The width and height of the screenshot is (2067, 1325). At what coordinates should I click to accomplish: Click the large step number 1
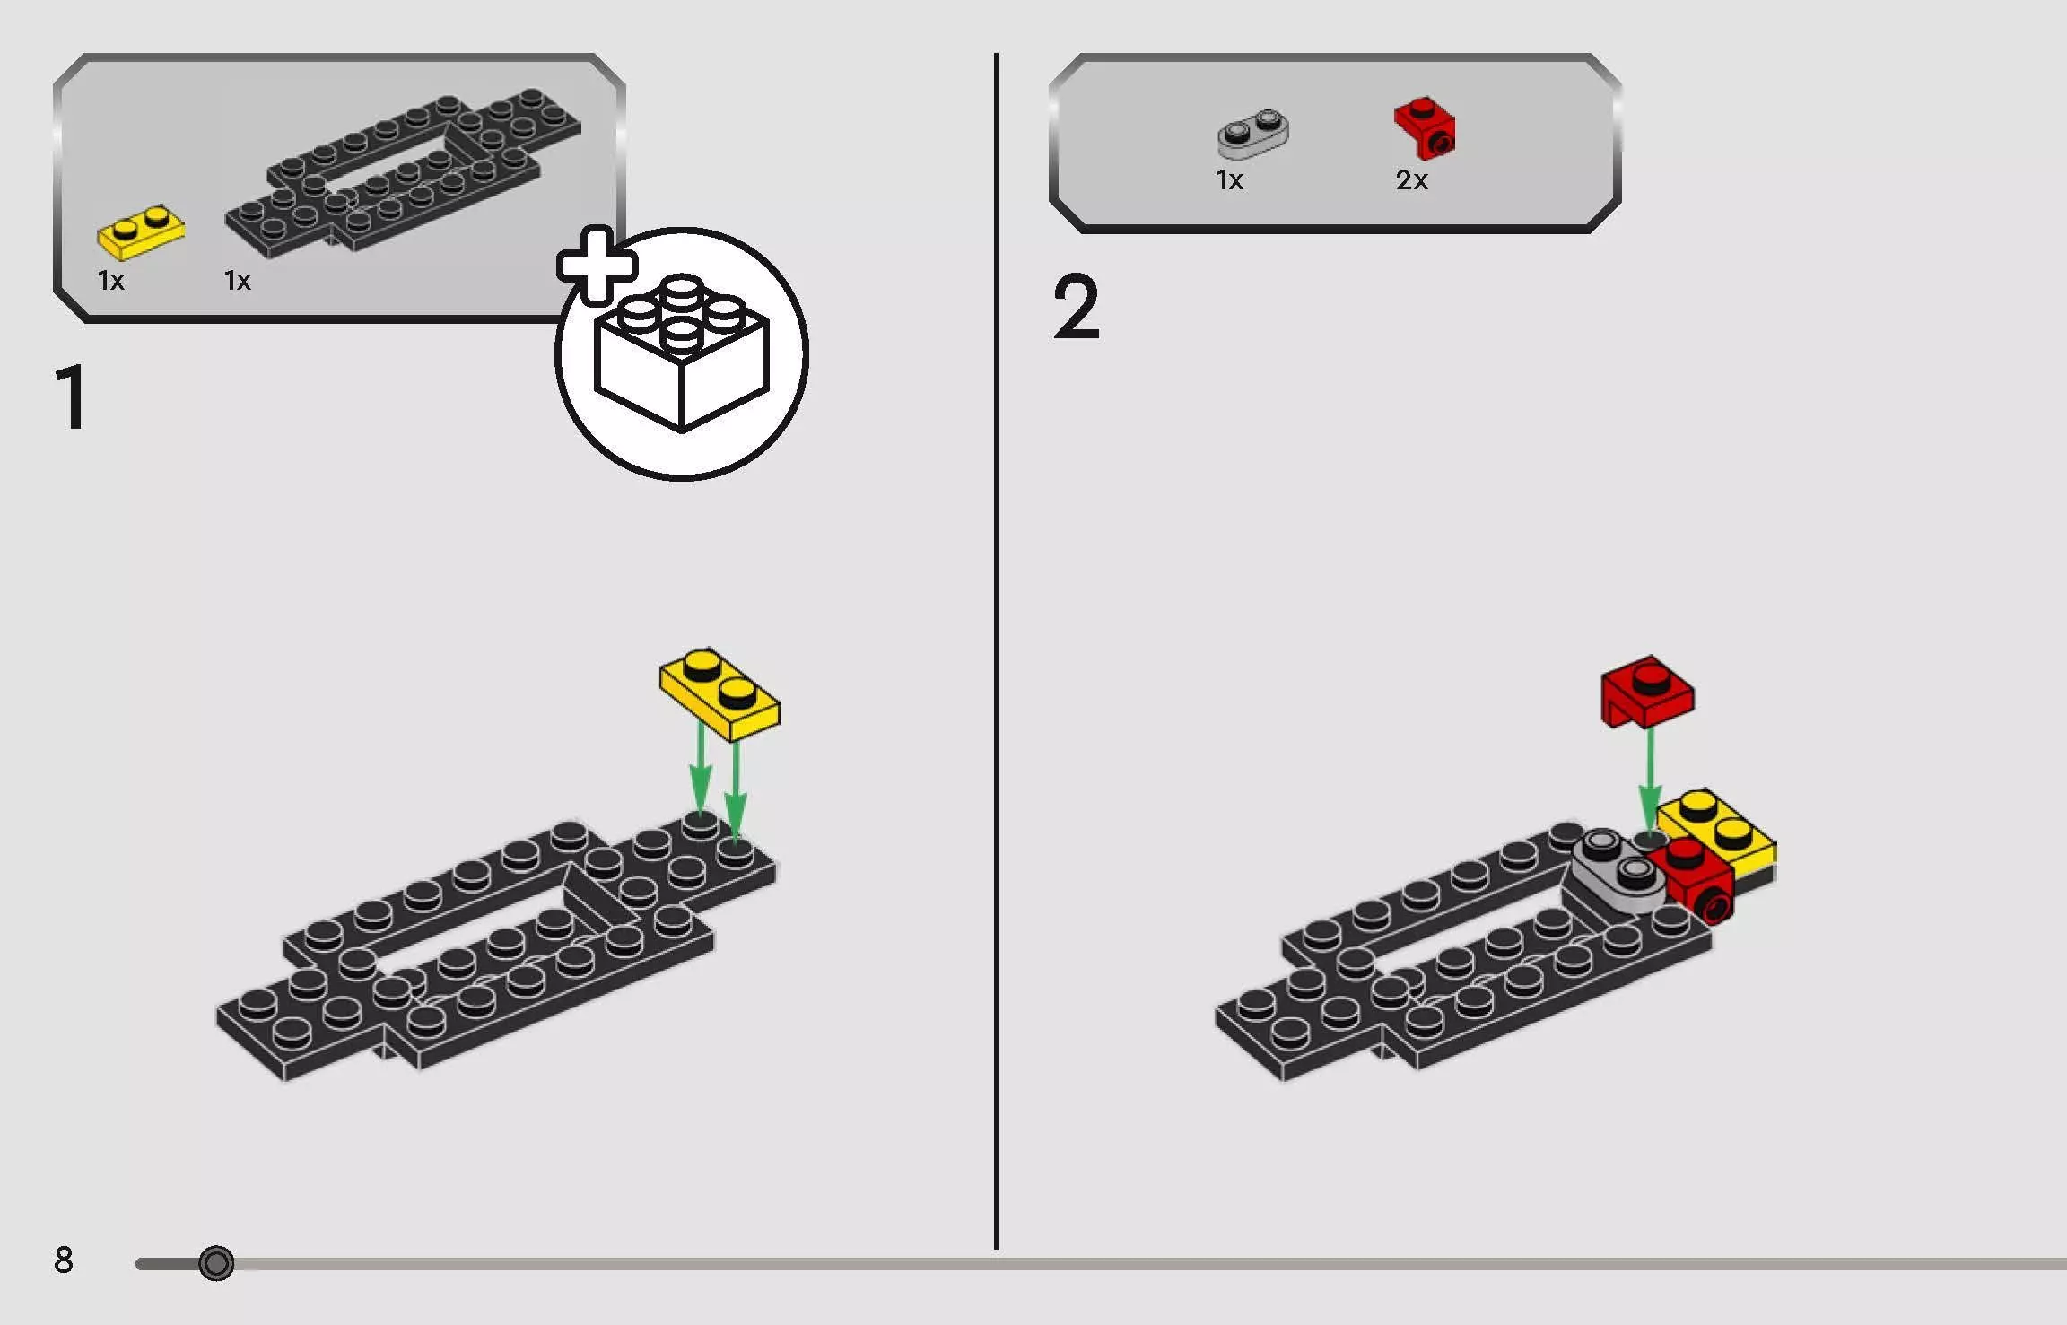point(71,398)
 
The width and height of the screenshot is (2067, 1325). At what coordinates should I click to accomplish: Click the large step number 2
point(1075,308)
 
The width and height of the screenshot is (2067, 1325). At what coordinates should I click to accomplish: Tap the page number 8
point(63,1260)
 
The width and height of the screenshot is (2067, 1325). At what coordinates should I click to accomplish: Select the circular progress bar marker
point(216,1263)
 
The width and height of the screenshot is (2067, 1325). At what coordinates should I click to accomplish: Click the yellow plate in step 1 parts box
point(141,231)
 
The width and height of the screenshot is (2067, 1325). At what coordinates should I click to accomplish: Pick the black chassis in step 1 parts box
point(404,170)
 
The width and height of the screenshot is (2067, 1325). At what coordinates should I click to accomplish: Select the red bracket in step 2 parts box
point(1425,127)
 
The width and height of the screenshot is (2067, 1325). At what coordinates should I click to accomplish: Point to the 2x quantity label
point(1411,180)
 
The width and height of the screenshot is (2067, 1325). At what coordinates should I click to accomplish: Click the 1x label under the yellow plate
point(111,281)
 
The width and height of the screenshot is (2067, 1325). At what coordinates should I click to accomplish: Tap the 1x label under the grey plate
point(1229,180)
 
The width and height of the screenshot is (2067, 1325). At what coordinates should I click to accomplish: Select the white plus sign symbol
point(597,265)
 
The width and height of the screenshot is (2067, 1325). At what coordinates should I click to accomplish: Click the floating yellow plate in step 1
point(720,694)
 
